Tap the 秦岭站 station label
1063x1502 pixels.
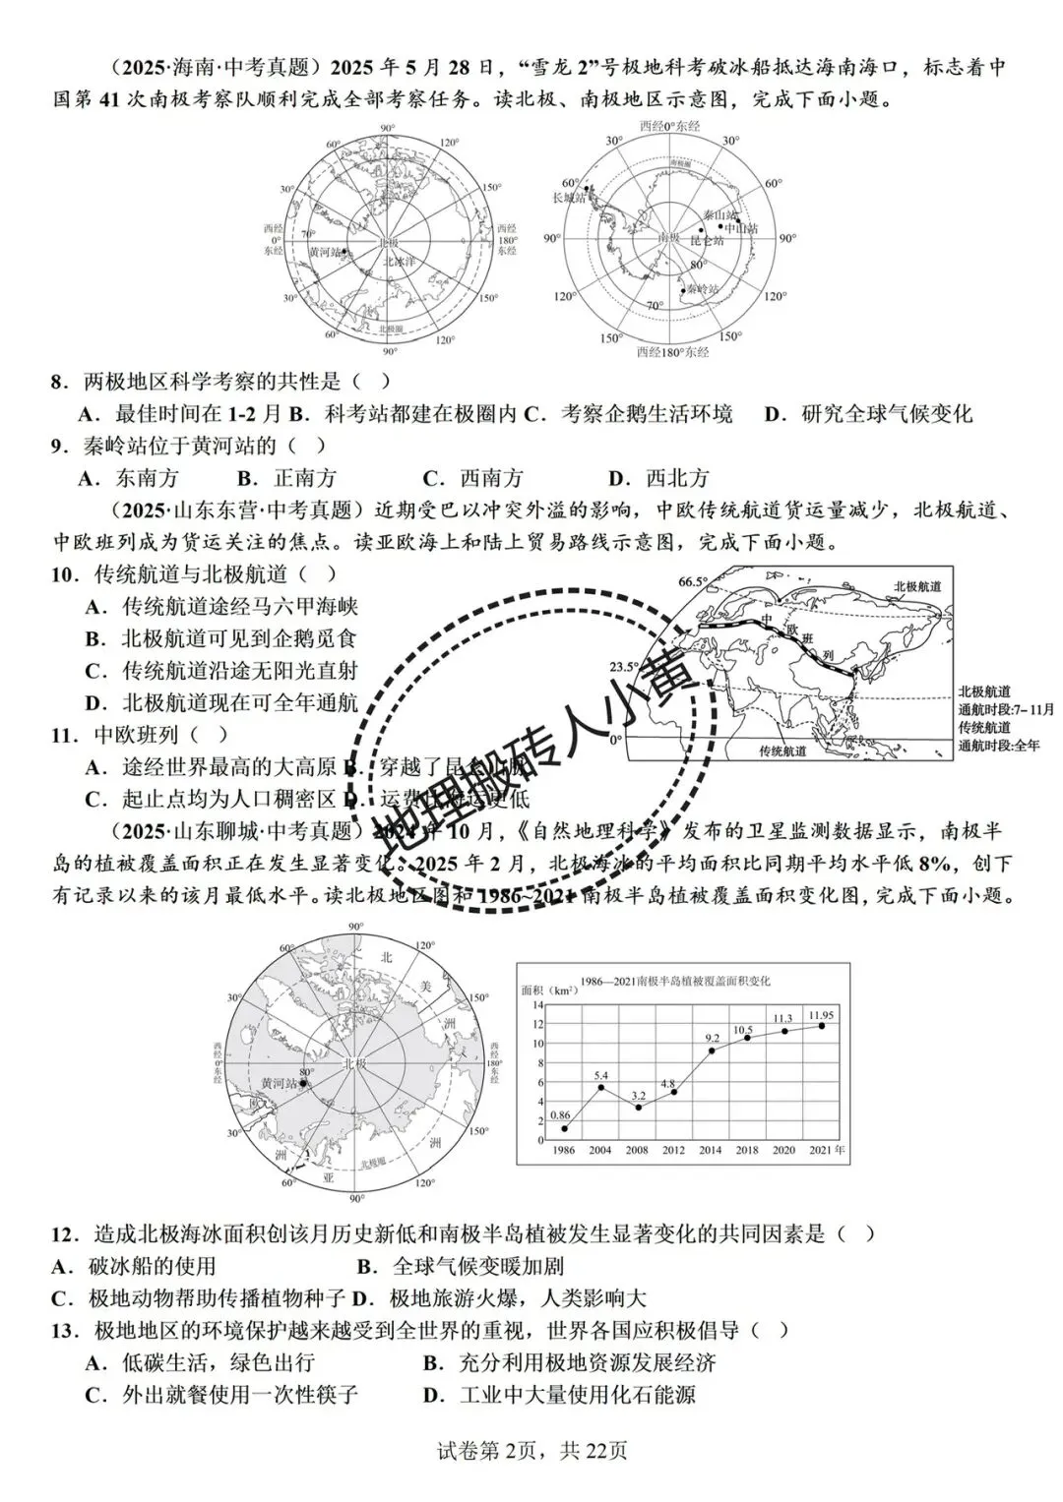(703, 288)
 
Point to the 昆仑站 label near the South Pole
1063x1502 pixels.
(706, 240)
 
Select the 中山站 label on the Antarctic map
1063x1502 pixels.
(741, 228)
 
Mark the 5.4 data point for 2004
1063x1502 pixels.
(601, 1087)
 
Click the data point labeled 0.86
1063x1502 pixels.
(564, 1128)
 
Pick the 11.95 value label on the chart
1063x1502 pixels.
(821, 1014)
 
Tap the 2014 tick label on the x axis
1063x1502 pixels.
(711, 1150)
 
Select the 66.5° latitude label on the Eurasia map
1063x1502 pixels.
(693, 581)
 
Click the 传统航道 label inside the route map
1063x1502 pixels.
(782, 751)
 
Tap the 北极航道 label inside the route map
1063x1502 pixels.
(917, 586)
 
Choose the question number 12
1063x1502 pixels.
(64, 1232)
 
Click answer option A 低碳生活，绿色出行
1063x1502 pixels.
(201, 1362)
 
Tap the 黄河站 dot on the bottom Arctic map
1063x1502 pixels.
(303, 1084)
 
